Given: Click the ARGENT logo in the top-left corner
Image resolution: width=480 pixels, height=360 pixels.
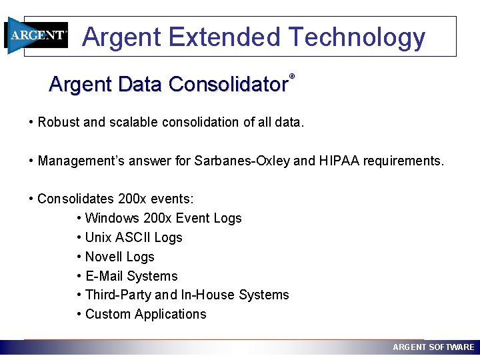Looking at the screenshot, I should pos(37,35).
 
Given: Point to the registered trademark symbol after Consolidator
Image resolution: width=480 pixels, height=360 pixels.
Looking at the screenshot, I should pos(291,77).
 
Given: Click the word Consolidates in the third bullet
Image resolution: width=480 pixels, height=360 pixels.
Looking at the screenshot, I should pos(75,199).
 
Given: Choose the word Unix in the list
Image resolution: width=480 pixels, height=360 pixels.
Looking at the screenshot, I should pos(97,237).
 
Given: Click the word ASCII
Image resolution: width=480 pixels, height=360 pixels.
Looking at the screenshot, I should pos(132,237).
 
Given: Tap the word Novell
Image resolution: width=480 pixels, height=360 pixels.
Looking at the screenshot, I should pos(103,257).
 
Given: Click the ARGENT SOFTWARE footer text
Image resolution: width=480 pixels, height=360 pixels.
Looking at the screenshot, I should pos(433,347).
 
